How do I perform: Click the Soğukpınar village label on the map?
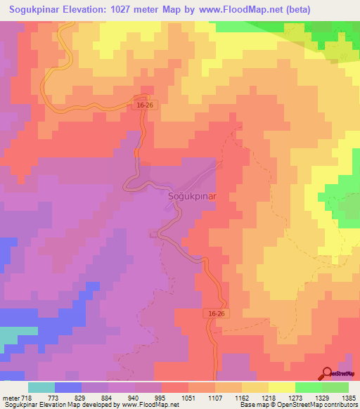tap(191, 197)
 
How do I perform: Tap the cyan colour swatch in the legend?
tap(41, 387)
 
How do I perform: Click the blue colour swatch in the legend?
tap(67, 387)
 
